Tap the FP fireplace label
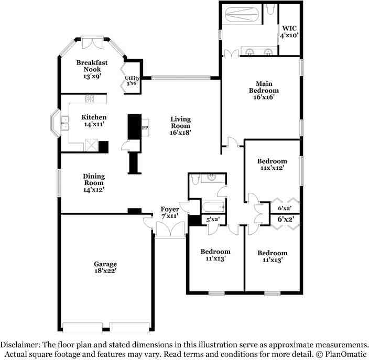(145, 128)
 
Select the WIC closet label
(289, 28)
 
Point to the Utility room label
(132, 78)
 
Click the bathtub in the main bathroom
(242, 15)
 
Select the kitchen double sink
(64, 123)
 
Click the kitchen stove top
(90, 99)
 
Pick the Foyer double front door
(170, 229)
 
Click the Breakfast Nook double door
(92, 43)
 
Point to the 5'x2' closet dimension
(213, 220)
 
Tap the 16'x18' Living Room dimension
(180, 133)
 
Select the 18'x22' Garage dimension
(105, 270)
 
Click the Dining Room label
(94, 179)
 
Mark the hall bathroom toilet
(196, 179)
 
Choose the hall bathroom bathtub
(214, 207)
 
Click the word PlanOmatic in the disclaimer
(346, 354)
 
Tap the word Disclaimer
(20, 345)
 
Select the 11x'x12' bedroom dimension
(272, 168)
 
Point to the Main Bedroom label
(264, 87)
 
